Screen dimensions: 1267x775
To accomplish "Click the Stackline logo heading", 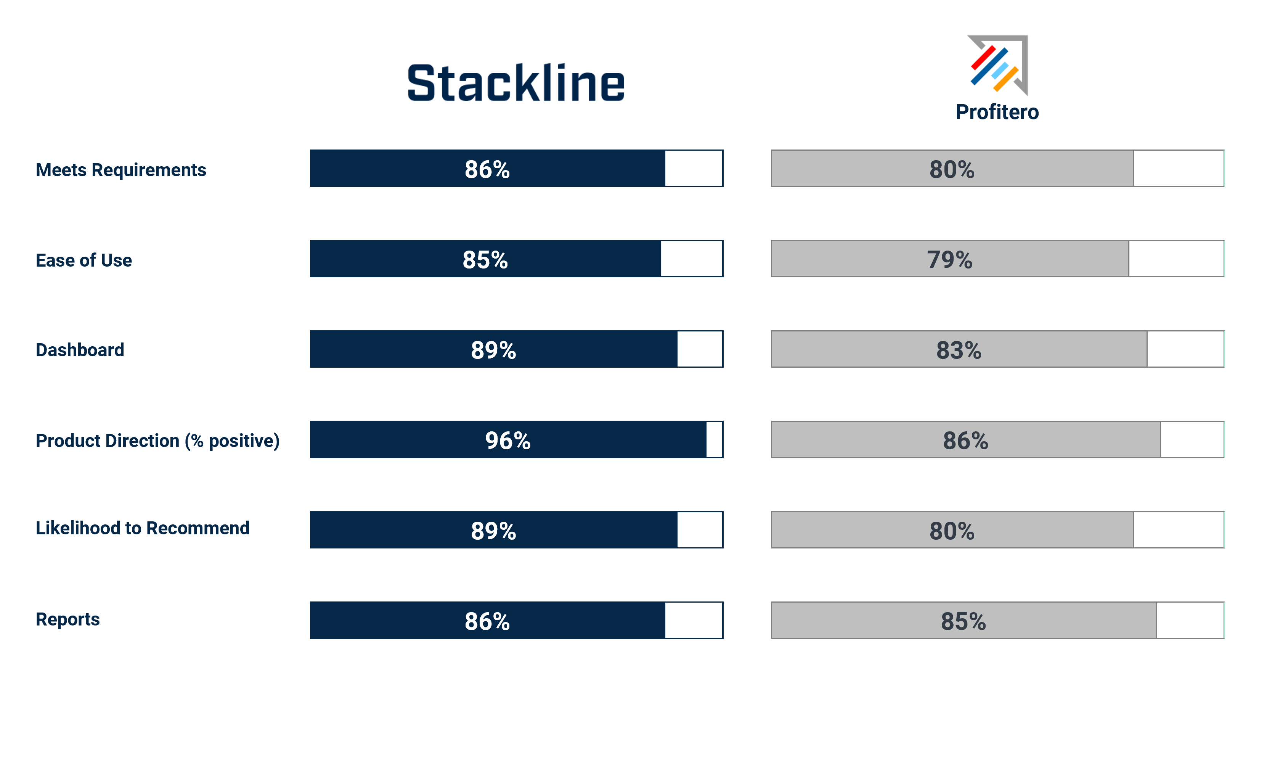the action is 516,82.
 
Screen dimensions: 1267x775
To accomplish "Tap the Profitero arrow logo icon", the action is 997,65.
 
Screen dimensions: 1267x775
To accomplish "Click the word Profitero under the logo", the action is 997,112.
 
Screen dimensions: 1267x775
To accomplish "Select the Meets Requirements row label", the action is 121,170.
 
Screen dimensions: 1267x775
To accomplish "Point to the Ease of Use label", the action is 84,260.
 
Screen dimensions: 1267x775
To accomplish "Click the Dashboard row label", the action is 80,350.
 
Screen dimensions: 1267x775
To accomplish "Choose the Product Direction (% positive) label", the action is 157,441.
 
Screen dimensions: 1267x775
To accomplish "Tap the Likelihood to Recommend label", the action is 143,528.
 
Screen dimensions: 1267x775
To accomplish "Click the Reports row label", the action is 67,619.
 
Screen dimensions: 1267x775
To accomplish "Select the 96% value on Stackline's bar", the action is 507,440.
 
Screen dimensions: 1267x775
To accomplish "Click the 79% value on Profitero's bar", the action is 949,259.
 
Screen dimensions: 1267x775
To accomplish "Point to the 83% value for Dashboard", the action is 959,350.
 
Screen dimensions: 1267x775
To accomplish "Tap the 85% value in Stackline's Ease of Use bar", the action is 485,259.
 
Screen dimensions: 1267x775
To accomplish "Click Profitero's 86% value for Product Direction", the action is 965,440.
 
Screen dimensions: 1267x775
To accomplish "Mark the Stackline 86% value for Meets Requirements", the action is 487,169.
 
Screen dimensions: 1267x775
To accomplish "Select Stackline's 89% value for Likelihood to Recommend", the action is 493,530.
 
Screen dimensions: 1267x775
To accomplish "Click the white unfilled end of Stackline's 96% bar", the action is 714,439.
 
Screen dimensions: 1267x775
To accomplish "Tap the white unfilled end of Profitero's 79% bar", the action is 1176,259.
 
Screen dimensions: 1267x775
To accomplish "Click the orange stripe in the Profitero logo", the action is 1006,79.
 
